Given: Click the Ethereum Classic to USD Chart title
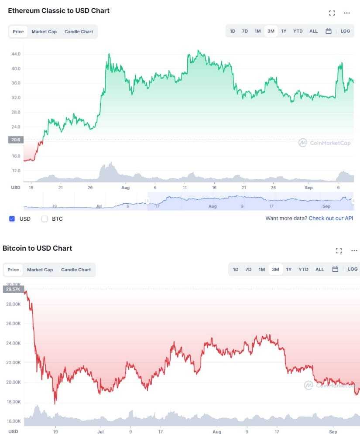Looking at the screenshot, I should pyautogui.click(x=59, y=10).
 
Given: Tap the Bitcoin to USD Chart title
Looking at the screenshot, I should pyautogui.click(x=38, y=248).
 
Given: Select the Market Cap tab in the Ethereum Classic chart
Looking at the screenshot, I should pyautogui.click(x=44, y=32).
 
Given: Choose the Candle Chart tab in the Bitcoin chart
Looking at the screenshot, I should pyautogui.click(x=76, y=270).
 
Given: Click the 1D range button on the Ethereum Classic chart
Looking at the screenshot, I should pyautogui.click(x=233, y=31).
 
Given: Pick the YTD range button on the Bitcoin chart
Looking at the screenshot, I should pyautogui.click(x=303, y=269).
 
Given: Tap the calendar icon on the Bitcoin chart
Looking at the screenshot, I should pyautogui.click(x=335, y=269).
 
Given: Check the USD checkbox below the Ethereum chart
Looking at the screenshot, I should pyautogui.click(x=12, y=219).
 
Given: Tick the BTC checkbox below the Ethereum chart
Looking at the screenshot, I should pyautogui.click(x=45, y=219).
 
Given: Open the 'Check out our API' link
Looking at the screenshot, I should pyautogui.click(x=331, y=218).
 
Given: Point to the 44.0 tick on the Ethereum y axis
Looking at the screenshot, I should pyautogui.click(x=16, y=54).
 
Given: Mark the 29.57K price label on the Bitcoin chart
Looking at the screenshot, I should pyautogui.click(x=13, y=289).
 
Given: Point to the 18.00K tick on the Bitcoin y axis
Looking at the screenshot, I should pyautogui.click(x=14, y=402).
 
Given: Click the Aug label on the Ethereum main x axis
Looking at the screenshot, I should pyautogui.click(x=126, y=188).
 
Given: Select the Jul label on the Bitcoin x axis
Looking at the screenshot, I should pyautogui.click(x=100, y=431).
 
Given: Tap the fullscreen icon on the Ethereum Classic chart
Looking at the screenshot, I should pyautogui.click(x=332, y=13).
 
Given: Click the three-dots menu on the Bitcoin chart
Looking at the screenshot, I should pyautogui.click(x=354, y=251).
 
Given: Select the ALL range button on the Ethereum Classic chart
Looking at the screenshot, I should pyautogui.click(x=313, y=31).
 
